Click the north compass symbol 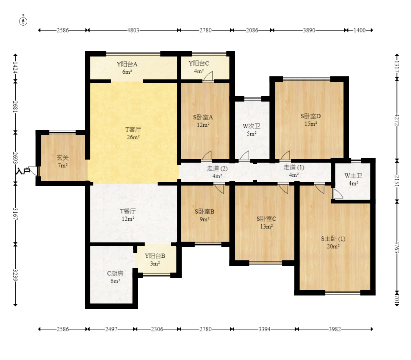pyautogui.click(x=23, y=21)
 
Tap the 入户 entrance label pyautogui.click(x=23, y=171)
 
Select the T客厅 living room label pyautogui.click(x=133, y=129)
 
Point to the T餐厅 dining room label pyautogui.click(x=128, y=211)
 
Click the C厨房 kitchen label pyautogui.click(x=115, y=273)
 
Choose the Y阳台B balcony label pyautogui.click(x=155, y=256)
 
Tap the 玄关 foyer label pyautogui.click(x=63, y=158)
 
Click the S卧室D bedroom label pyautogui.click(x=311, y=116)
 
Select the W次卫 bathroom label pyautogui.click(x=251, y=126)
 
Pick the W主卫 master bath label pyautogui.click(x=353, y=176)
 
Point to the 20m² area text pyautogui.click(x=333, y=247)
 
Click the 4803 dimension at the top pyautogui.click(x=133, y=30)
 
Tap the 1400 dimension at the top pyautogui.click(x=359, y=30)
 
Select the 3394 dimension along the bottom pyautogui.click(x=264, y=329)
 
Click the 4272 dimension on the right pyautogui.click(x=397, y=119)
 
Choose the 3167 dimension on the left pyautogui.click(x=15, y=214)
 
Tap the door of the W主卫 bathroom pyautogui.click(x=338, y=194)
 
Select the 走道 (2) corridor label pyautogui.click(x=217, y=168)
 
